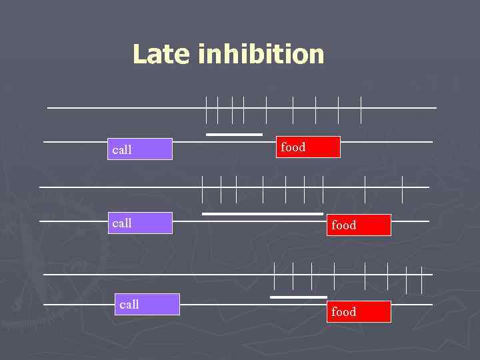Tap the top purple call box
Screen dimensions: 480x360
tap(141, 149)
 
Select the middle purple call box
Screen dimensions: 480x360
tap(141, 223)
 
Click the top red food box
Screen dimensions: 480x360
tap(308, 147)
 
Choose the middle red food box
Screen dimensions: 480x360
tap(359, 225)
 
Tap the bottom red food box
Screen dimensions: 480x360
tap(359, 311)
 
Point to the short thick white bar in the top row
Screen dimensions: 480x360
tap(234, 135)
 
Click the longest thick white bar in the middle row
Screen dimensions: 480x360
tap(263, 214)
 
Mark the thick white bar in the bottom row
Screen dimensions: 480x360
tap(299, 297)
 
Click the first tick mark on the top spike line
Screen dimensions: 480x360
tap(207, 109)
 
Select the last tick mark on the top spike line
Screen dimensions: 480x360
tap(361, 109)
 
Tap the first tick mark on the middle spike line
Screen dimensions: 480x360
tap(203, 189)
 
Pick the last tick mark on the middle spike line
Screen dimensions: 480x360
tap(403, 189)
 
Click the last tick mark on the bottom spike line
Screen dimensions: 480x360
tap(421, 279)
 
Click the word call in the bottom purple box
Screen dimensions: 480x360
tap(129, 305)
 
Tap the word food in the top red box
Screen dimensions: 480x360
tap(293, 147)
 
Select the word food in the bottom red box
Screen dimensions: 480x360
tap(344, 311)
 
